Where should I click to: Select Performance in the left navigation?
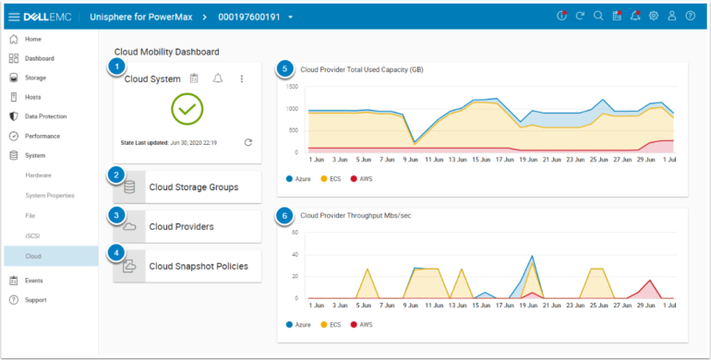click(x=42, y=136)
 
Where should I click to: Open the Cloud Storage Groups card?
click(x=193, y=186)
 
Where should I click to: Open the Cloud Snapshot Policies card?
click(x=198, y=266)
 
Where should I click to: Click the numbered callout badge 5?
click(x=286, y=68)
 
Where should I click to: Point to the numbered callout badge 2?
click(x=116, y=174)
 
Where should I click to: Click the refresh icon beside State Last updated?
click(x=247, y=143)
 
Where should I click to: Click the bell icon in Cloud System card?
click(x=218, y=79)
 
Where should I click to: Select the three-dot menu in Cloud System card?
click(x=242, y=79)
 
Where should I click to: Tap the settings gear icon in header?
click(x=654, y=17)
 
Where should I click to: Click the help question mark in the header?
click(x=690, y=17)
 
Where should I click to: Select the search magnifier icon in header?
click(x=597, y=17)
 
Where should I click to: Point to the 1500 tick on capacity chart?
click(x=291, y=87)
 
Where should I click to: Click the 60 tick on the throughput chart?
click(x=295, y=233)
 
